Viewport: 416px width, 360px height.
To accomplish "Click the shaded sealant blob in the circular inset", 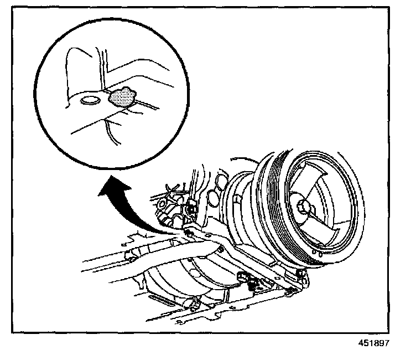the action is click(122, 97).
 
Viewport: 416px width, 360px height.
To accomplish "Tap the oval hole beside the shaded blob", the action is click(89, 101).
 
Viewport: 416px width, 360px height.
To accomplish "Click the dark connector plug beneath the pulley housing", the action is click(243, 277).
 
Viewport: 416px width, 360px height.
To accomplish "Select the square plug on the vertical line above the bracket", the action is click(191, 208).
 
